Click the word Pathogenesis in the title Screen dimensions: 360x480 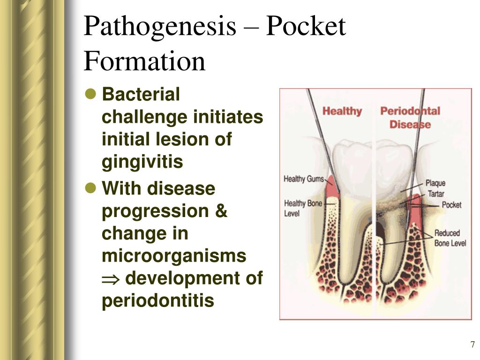(160, 27)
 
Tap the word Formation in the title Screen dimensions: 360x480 (144, 61)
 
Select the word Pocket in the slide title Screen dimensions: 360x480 (306, 27)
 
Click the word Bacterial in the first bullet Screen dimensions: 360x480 (141, 94)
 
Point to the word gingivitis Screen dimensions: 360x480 (142, 162)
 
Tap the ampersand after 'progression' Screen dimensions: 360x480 (221, 211)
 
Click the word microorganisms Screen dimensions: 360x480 (174, 256)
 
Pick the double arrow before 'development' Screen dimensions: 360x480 (110, 279)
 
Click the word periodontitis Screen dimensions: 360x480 (158, 300)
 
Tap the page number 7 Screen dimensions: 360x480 (472, 345)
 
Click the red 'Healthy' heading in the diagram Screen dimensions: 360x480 (342, 111)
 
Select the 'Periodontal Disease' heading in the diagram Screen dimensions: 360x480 (410, 118)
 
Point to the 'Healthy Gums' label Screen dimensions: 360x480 (304, 179)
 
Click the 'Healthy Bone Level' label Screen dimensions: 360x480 (303, 208)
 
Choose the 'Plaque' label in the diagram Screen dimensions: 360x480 (435, 183)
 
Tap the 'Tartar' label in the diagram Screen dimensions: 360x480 (435, 194)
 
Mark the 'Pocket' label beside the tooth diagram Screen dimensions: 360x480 (451, 205)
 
